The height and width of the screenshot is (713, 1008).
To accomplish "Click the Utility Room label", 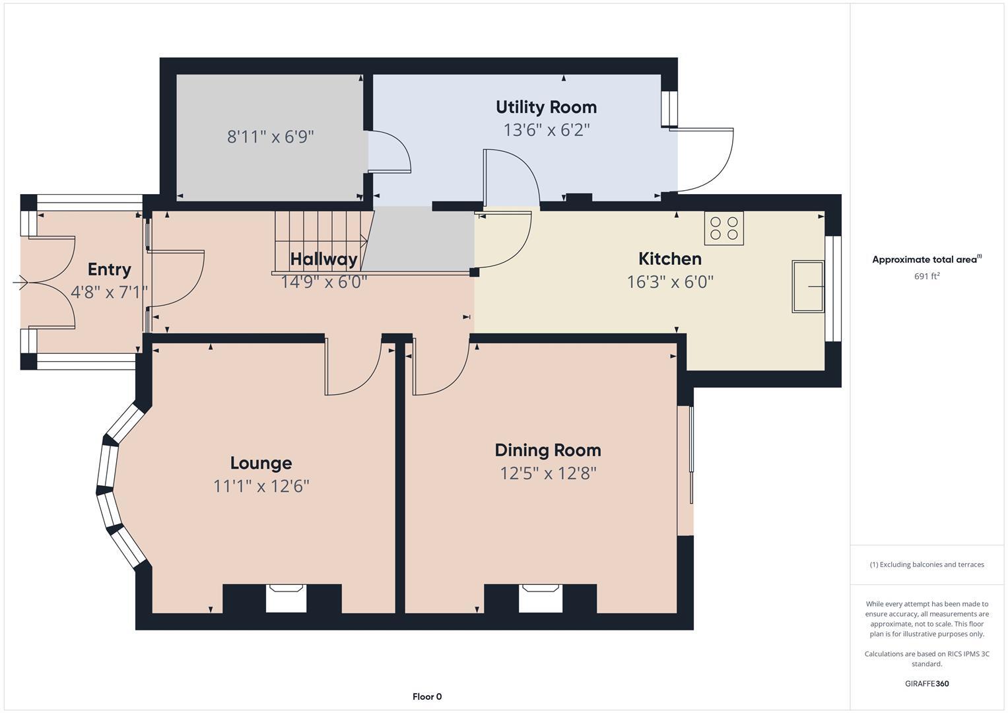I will (546, 107).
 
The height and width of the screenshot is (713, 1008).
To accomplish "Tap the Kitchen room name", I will (669, 259).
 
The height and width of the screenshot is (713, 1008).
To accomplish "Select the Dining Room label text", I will (548, 450).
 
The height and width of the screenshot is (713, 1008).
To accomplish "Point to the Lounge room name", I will (261, 463).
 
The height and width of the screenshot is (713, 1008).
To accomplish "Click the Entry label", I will (110, 269).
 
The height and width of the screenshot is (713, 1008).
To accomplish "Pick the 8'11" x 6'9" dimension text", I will (271, 137).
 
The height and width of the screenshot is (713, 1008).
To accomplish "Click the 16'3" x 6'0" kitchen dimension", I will (670, 282).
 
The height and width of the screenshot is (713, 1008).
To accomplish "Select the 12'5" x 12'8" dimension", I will (548, 473).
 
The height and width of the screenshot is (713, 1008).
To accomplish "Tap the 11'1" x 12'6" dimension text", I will (261, 487).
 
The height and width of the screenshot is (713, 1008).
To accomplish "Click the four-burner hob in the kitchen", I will (723, 228).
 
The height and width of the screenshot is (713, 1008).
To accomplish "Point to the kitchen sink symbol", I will (808, 287).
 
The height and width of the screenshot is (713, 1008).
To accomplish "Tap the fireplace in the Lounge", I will (286, 598).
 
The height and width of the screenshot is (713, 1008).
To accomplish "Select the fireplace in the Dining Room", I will (540, 598).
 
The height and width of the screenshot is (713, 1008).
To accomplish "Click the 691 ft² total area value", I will (927, 276).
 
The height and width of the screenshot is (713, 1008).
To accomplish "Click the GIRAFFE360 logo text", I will (927, 683).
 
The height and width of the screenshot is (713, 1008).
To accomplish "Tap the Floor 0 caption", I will (427, 696).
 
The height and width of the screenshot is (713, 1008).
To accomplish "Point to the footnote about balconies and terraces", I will (927, 564).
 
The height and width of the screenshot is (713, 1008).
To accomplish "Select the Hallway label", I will (323, 259).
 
